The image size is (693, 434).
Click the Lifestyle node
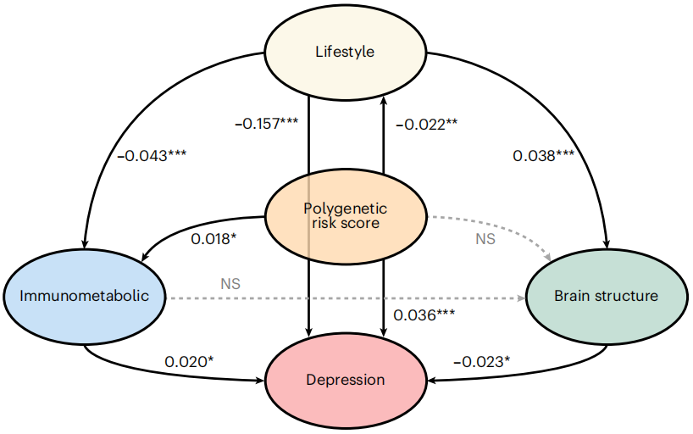[x=345, y=52]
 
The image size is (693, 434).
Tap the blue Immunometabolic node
[x=85, y=296]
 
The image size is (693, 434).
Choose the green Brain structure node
[x=606, y=296]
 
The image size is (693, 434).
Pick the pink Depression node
[x=345, y=379]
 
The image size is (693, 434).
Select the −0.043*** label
[x=152, y=155]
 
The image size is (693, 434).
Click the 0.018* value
[x=213, y=239]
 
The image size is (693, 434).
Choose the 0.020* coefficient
[x=189, y=362]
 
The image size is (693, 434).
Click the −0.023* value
[x=481, y=362]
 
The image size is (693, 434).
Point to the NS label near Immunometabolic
[x=230, y=284]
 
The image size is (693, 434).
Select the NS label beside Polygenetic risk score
[x=485, y=239]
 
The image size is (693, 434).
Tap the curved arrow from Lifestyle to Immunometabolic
[x=110, y=127]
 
